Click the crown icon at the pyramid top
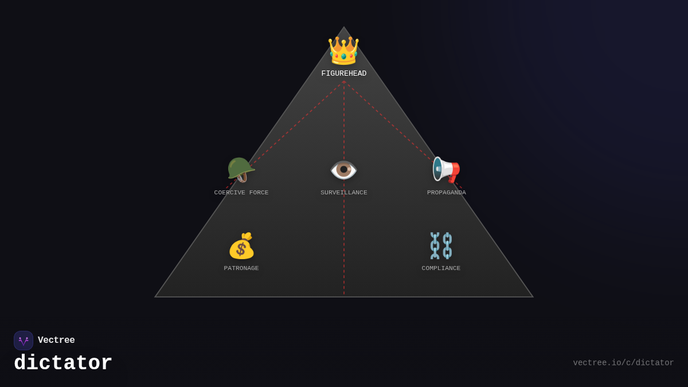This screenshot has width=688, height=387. coord(343,50)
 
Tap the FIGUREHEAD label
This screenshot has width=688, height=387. coord(344,74)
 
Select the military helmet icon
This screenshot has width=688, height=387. coord(241,170)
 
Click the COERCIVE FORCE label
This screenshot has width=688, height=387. coord(241,193)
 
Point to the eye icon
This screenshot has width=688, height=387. coord(344,170)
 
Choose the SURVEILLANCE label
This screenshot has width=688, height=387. coord(344,193)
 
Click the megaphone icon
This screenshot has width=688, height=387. coord(446,170)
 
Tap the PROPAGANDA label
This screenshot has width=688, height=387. coord(447,193)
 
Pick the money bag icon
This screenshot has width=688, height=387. coord(241,246)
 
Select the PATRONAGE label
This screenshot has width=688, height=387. coord(241,268)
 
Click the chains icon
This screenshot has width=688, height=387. coord(441,246)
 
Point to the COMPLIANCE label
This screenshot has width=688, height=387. coord(441,268)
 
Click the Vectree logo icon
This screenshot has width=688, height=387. coord(24,341)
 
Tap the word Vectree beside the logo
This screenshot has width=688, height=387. coord(56,341)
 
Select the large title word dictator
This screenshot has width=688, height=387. coord(63,363)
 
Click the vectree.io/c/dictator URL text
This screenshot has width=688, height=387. coord(623,363)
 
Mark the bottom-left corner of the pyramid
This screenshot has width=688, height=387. coord(155,296)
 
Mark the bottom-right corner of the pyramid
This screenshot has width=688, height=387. coord(533,296)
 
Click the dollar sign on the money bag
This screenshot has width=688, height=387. coord(241,249)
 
